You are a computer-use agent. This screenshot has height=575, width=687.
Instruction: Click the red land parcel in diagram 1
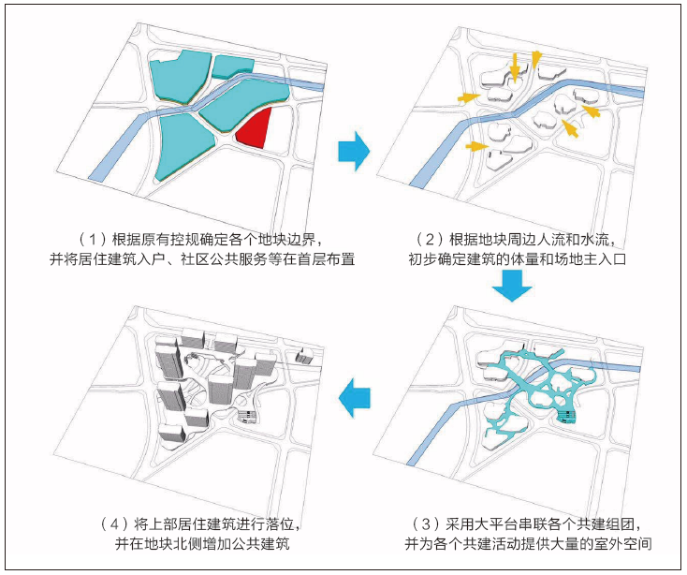[255, 127]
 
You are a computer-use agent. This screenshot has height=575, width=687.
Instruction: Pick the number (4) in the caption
[114, 522]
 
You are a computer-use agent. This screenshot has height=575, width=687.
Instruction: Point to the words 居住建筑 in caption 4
[200, 522]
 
